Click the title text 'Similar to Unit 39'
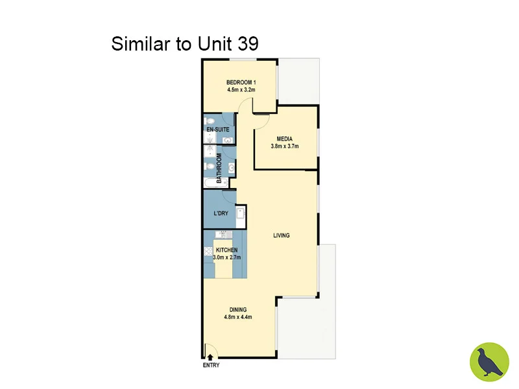[x=185, y=44]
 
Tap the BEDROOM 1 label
[x=241, y=82]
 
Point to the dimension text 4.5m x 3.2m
[x=241, y=90]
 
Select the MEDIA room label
[x=284, y=139]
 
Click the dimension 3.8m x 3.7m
[x=284, y=147]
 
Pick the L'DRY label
[x=221, y=213]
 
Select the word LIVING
[x=281, y=235]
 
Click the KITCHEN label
[x=226, y=250]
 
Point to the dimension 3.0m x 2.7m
[x=226, y=257]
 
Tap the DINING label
[x=238, y=309]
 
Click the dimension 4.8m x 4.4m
[x=238, y=317]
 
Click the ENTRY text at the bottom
[x=211, y=365]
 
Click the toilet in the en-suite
[x=210, y=121]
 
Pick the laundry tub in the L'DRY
[x=239, y=215]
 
